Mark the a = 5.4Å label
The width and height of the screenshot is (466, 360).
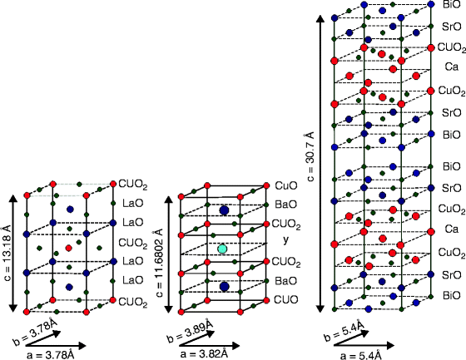361,353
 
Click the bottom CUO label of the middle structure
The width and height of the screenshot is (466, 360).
285,300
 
